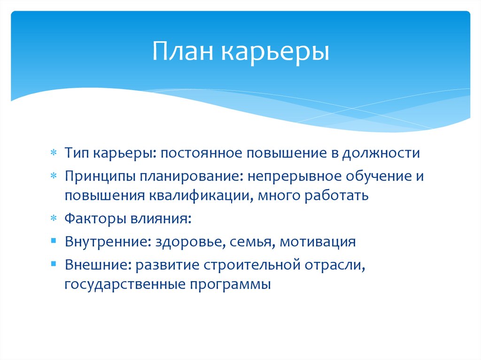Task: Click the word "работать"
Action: tap(337, 195)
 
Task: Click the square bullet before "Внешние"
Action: tap(54, 264)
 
